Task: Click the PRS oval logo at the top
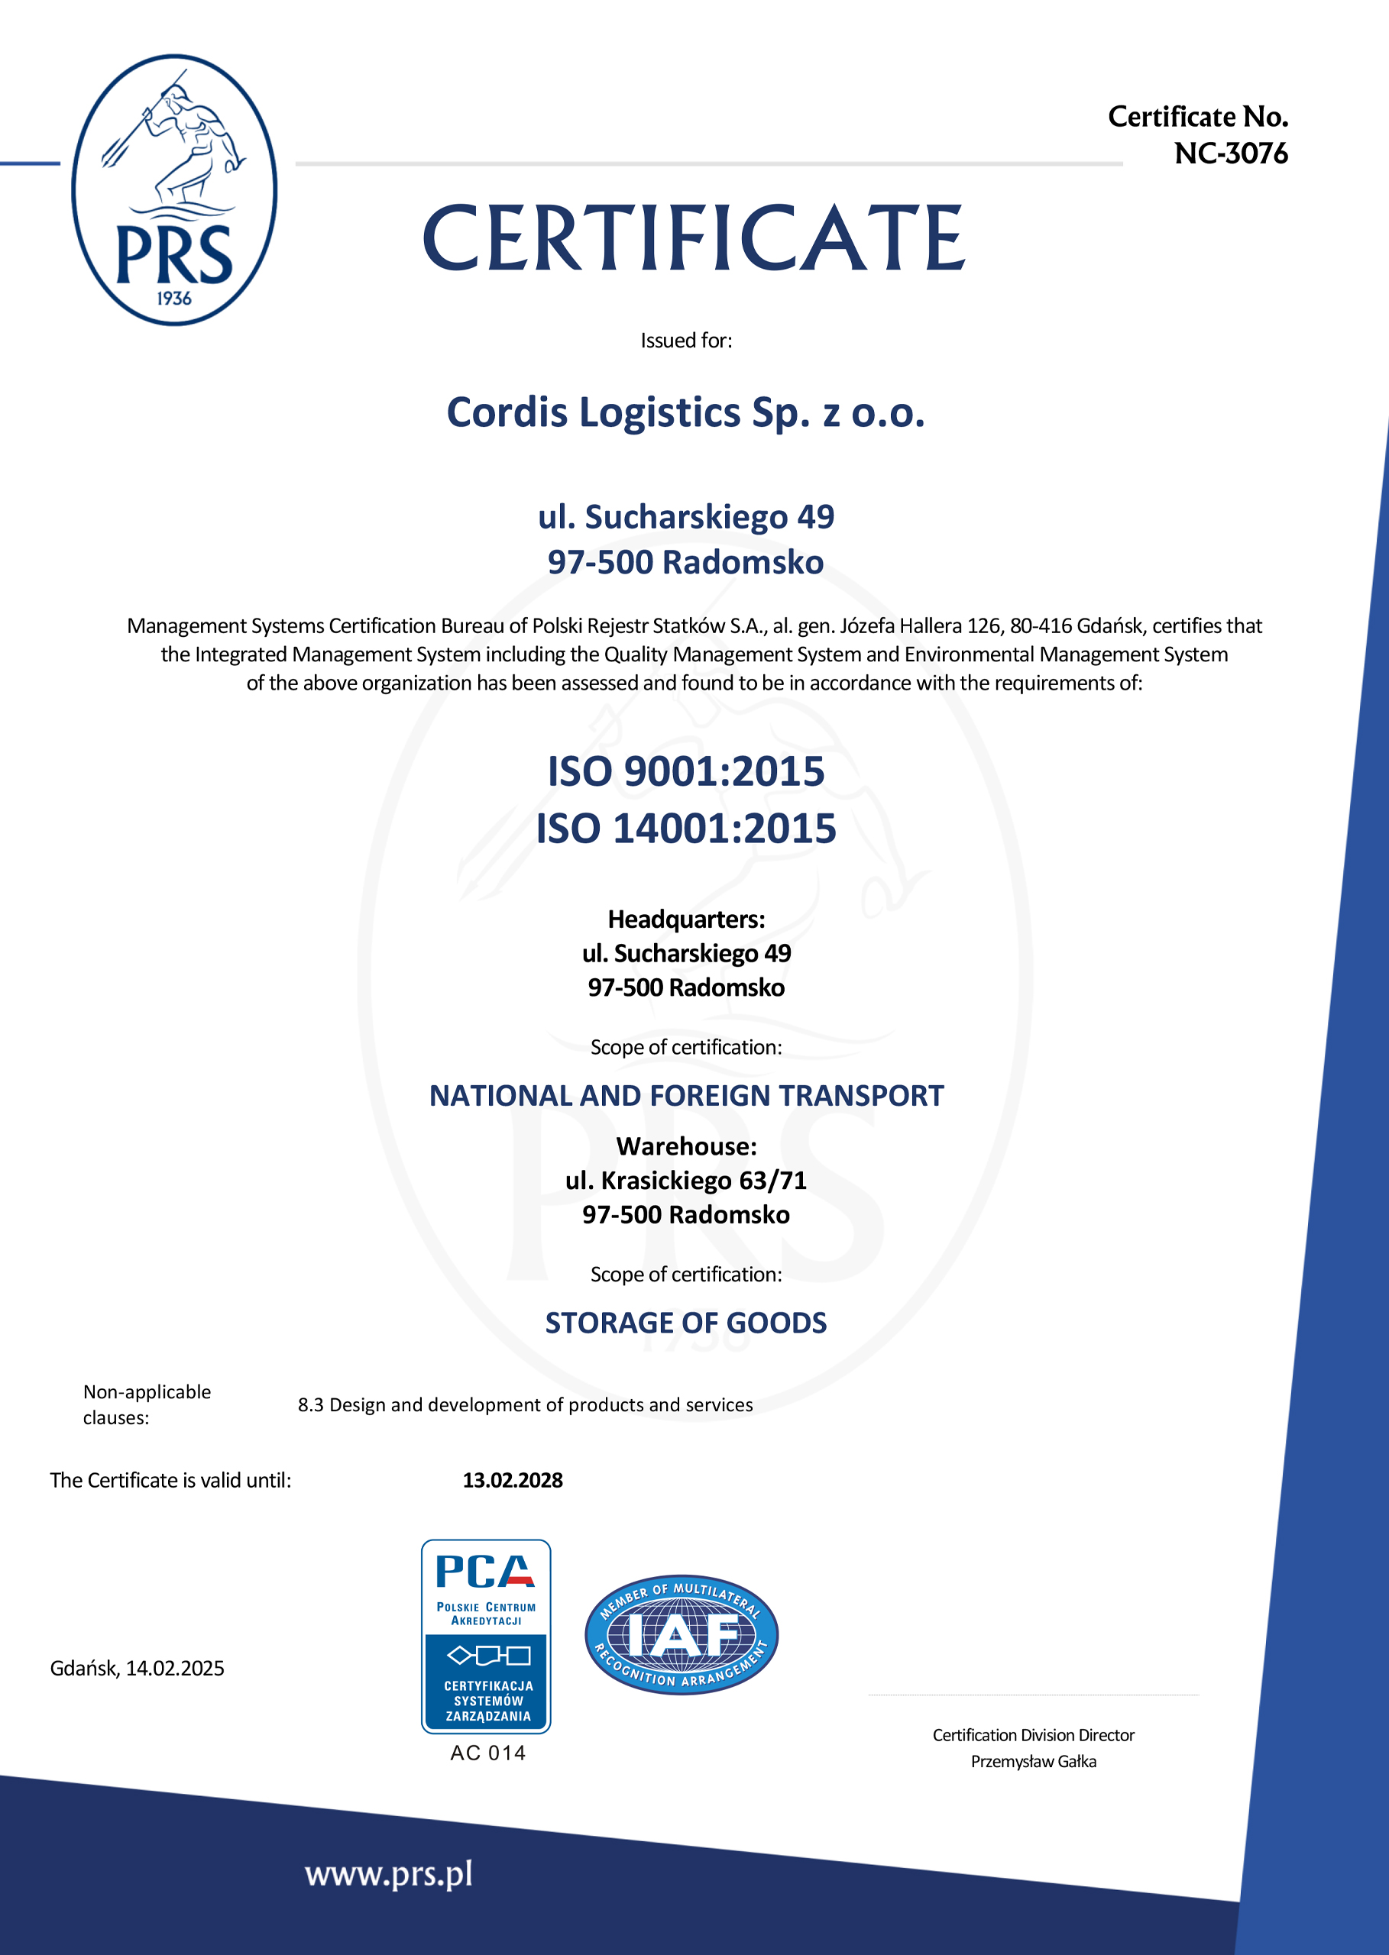click(x=174, y=190)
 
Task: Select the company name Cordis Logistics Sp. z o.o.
click(x=686, y=413)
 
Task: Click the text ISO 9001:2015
click(x=686, y=771)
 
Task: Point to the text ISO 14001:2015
click(x=686, y=829)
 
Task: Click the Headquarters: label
click(x=686, y=919)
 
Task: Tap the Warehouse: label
click(x=686, y=1146)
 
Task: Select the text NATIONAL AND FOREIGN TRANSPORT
click(x=686, y=1096)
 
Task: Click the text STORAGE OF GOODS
click(x=686, y=1323)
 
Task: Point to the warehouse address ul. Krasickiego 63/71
click(x=686, y=1181)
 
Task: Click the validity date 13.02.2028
click(x=513, y=1480)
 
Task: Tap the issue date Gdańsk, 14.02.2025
click(x=137, y=1668)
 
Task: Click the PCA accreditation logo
click(x=486, y=1636)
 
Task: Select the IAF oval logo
click(x=682, y=1634)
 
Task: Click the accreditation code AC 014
click(x=487, y=1753)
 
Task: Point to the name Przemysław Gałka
click(x=1033, y=1761)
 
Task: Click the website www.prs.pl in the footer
click(x=388, y=1874)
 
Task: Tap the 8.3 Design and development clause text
click(x=525, y=1404)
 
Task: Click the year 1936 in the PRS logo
click(x=173, y=299)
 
